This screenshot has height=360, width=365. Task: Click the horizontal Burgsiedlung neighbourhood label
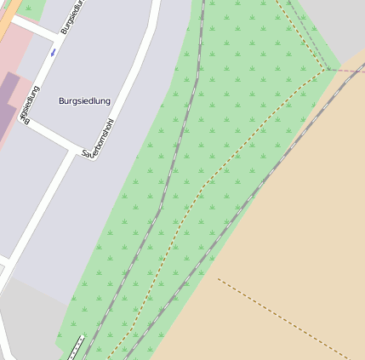85,101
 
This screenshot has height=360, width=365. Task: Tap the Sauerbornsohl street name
99,140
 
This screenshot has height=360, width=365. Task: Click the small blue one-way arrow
53,53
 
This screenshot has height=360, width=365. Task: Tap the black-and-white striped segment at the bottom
75,348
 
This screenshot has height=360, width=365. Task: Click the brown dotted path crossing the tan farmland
281,315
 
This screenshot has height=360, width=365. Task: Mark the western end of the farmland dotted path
218,278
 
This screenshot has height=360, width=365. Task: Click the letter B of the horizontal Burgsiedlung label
62,101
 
